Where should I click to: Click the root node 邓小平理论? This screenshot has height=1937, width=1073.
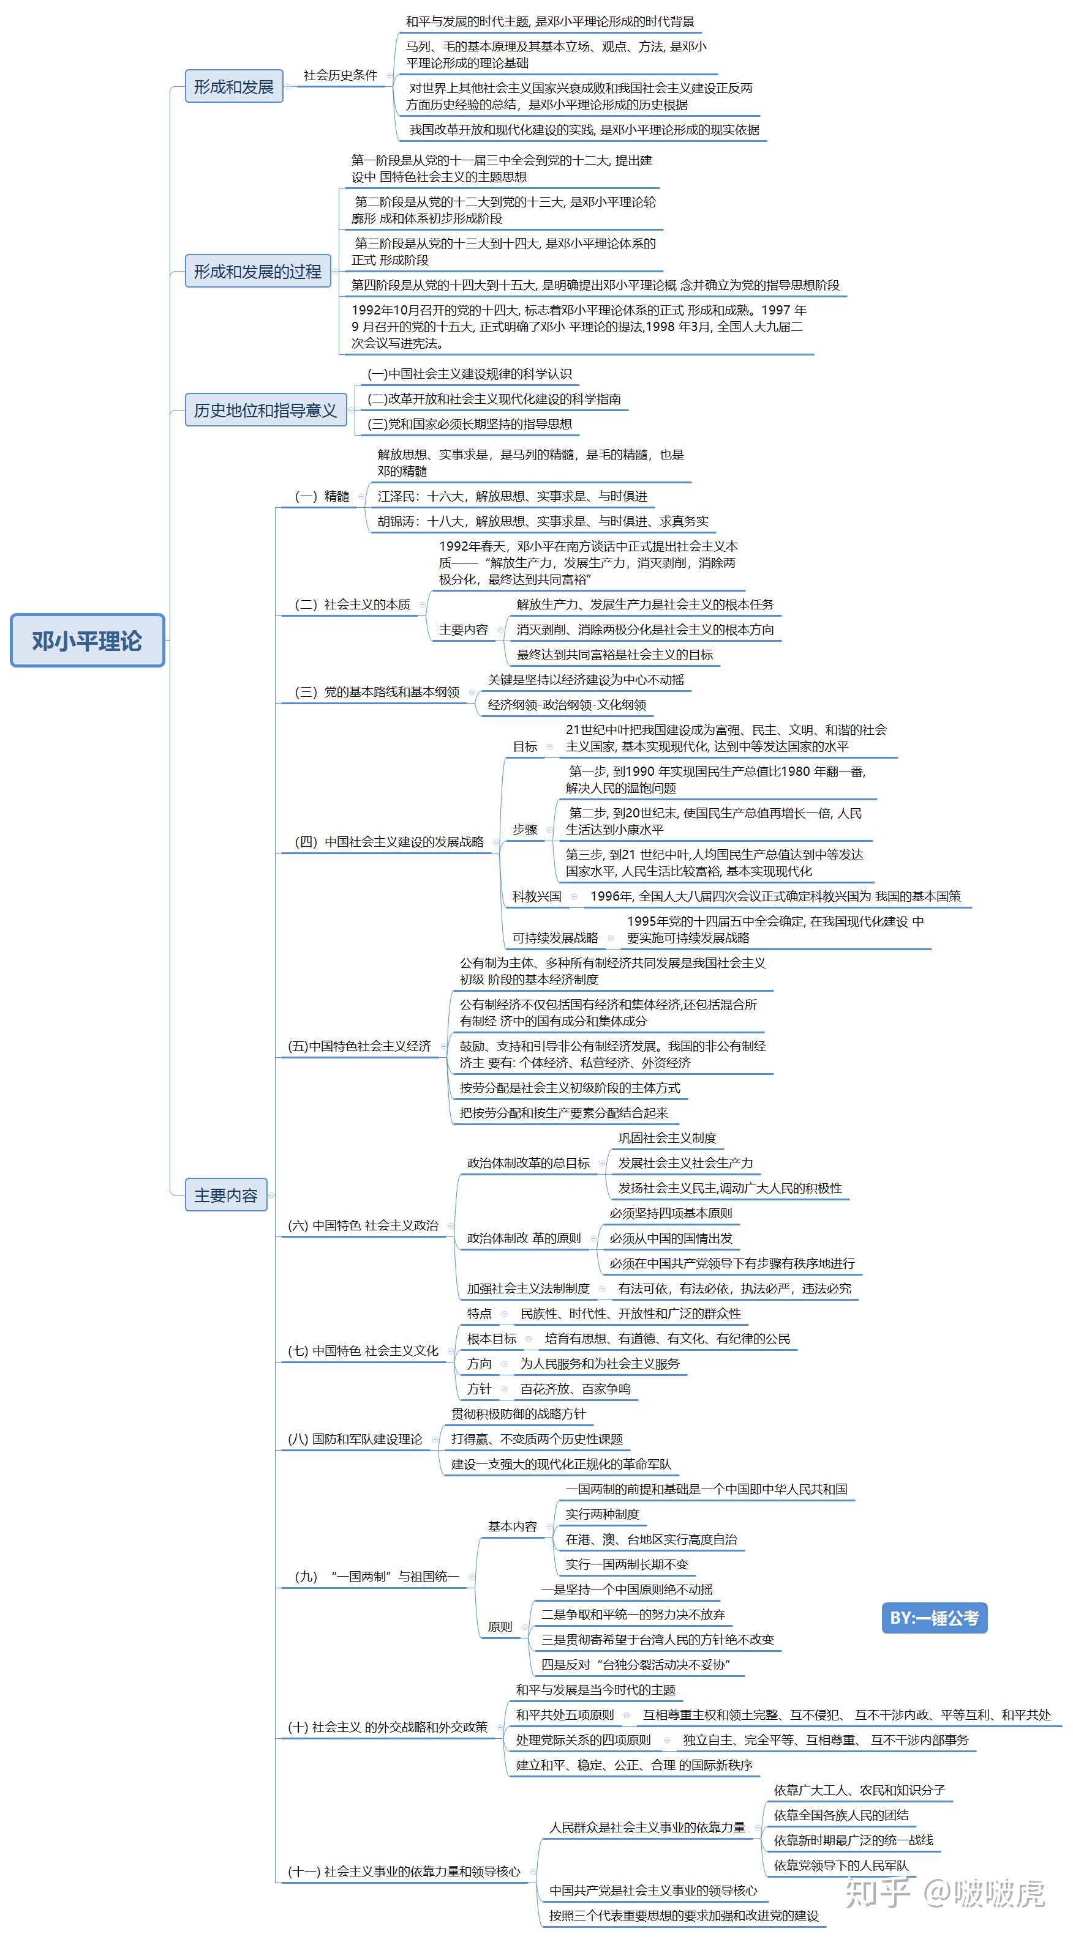(88, 640)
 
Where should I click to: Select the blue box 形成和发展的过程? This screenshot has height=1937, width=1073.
(257, 272)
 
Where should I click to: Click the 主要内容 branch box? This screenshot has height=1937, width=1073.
(226, 1195)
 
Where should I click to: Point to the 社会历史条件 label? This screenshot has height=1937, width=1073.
(340, 75)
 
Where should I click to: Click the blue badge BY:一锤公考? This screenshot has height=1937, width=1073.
(934, 1618)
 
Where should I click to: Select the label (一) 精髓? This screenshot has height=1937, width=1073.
(322, 496)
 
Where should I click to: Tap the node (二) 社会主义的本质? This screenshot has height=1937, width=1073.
(352, 604)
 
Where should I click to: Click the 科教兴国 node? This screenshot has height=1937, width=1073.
(536, 896)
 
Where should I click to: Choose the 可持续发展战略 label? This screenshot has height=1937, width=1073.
(555, 938)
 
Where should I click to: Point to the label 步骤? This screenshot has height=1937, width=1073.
(525, 830)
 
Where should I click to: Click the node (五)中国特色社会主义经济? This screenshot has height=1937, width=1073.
(360, 1046)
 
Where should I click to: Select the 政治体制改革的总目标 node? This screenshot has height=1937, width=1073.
(528, 1163)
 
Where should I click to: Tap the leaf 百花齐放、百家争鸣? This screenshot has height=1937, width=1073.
(576, 1389)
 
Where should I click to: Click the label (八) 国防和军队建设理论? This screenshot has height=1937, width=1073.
(355, 1439)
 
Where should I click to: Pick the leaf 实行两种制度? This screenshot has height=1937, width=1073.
(602, 1514)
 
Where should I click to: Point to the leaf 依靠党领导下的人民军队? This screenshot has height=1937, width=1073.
(840, 1865)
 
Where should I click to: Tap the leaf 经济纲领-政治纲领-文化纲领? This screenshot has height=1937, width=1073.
(567, 705)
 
